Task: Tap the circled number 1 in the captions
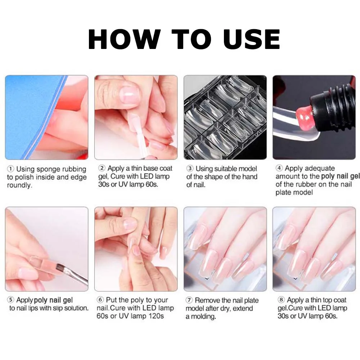[11, 169]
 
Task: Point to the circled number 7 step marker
[190, 300]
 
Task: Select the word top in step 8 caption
[325, 300]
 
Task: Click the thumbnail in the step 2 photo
[129, 94]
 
